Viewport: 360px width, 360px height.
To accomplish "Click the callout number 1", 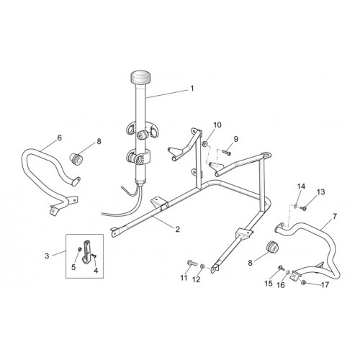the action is point(192,89).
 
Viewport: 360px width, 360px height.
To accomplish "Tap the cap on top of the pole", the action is point(140,76).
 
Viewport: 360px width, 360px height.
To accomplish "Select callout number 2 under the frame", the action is point(177,229).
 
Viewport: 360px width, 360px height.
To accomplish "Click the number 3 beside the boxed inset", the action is point(47,256).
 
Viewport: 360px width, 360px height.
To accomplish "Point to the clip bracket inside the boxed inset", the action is point(87,252).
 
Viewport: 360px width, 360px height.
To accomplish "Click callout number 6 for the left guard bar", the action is point(59,138).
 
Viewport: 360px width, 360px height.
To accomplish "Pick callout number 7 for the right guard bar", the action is point(334,217).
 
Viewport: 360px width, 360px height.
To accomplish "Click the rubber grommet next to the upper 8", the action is point(76,158).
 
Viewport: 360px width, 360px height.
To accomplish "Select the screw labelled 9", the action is point(227,152).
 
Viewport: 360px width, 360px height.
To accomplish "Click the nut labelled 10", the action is point(204,144).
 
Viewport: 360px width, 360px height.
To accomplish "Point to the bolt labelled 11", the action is point(192,264).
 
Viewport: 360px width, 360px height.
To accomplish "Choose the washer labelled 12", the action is point(202,266).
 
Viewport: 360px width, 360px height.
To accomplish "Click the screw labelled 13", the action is point(304,208).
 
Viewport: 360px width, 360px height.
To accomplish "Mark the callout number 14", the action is point(301,186).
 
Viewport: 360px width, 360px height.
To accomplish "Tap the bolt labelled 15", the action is point(281,267).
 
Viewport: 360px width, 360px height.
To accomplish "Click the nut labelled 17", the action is point(303,282).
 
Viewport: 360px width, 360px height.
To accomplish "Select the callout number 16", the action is point(281,285).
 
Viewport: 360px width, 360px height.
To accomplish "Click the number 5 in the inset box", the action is point(73,267).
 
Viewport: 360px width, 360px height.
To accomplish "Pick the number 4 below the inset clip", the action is point(96,271).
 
